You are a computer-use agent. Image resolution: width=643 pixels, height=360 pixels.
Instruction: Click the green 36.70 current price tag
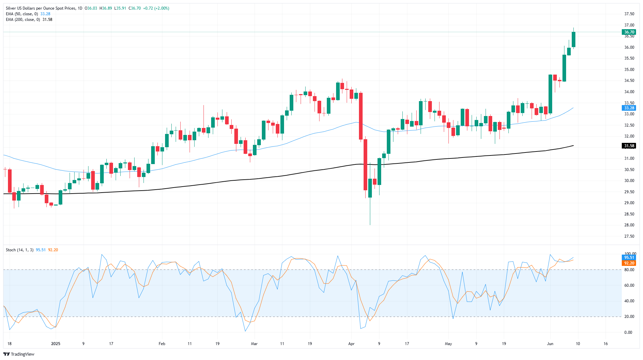(x=629, y=32)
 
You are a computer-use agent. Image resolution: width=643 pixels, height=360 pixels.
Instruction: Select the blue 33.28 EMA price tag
(x=629, y=108)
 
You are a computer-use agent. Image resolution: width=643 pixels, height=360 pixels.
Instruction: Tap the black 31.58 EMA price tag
(x=629, y=146)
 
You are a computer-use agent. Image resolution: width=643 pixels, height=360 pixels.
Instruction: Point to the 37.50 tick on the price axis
(x=629, y=14)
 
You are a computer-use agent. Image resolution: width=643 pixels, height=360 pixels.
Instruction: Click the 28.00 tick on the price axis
(x=629, y=225)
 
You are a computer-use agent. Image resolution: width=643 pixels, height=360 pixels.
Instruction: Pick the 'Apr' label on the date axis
(x=351, y=344)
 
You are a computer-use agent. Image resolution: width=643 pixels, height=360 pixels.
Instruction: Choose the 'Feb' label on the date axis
(x=162, y=344)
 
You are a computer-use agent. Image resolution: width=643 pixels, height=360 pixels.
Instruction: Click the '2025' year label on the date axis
(x=56, y=344)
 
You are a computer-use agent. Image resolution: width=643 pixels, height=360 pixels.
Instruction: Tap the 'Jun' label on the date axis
(x=550, y=344)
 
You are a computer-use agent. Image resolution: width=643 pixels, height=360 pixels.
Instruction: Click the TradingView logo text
(x=23, y=354)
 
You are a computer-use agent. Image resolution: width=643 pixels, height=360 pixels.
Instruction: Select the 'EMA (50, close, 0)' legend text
(x=22, y=14)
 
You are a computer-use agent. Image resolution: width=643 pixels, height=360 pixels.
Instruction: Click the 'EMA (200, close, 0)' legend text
(x=23, y=20)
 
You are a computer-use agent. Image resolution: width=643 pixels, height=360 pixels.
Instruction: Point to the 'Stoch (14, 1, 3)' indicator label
(x=20, y=250)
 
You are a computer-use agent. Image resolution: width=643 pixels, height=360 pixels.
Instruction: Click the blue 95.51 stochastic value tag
(x=629, y=258)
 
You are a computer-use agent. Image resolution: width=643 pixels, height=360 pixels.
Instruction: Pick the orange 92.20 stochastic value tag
(x=629, y=263)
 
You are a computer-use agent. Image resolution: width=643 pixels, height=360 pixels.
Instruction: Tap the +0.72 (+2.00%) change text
(x=156, y=8)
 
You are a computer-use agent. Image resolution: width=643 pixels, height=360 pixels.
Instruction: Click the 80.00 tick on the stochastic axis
(x=629, y=270)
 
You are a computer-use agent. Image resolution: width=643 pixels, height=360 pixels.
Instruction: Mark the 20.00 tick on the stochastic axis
(x=629, y=317)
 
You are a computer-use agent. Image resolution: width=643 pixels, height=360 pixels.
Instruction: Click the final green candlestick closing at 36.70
(x=573, y=39)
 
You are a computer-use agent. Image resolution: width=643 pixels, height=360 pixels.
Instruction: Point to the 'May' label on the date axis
(x=448, y=344)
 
